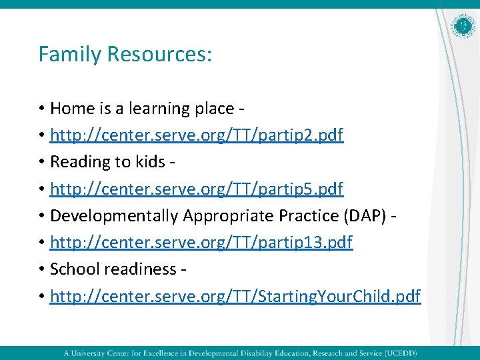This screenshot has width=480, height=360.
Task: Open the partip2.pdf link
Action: [x=197, y=135]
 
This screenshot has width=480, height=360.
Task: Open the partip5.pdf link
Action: [x=197, y=189]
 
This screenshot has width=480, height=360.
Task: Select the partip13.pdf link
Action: [x=201, y=243]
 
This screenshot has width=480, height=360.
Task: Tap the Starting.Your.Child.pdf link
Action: [x=235, y=296]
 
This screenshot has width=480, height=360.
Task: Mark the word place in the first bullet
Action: [x=211, y=109]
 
